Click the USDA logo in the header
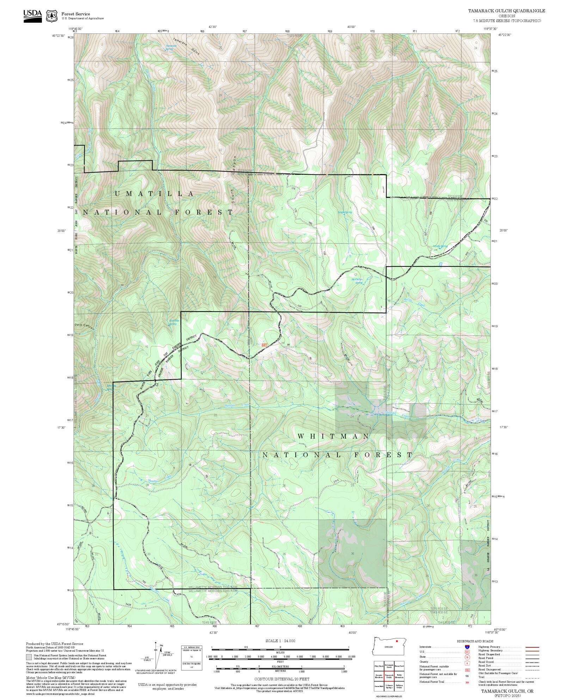click(x=32, y=16)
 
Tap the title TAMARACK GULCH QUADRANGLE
click(x=507, y=11)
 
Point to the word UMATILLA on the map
click(x=154, y=194)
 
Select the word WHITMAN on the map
click(x=333, y=436)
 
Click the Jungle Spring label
click(x=345, y=213)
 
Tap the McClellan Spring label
click(x=357, y=281)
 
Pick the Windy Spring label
click(x=440, y=246)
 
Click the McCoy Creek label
click(x=415, y=302)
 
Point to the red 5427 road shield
click(x=264, y=345)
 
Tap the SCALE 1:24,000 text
click(x=280, y=641)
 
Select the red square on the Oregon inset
click(x=397, y=641)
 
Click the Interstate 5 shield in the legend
click(x=467, y=647)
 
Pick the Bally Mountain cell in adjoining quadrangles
click(x=399, y=676)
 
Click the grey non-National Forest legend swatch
click(x=29, y=657)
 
